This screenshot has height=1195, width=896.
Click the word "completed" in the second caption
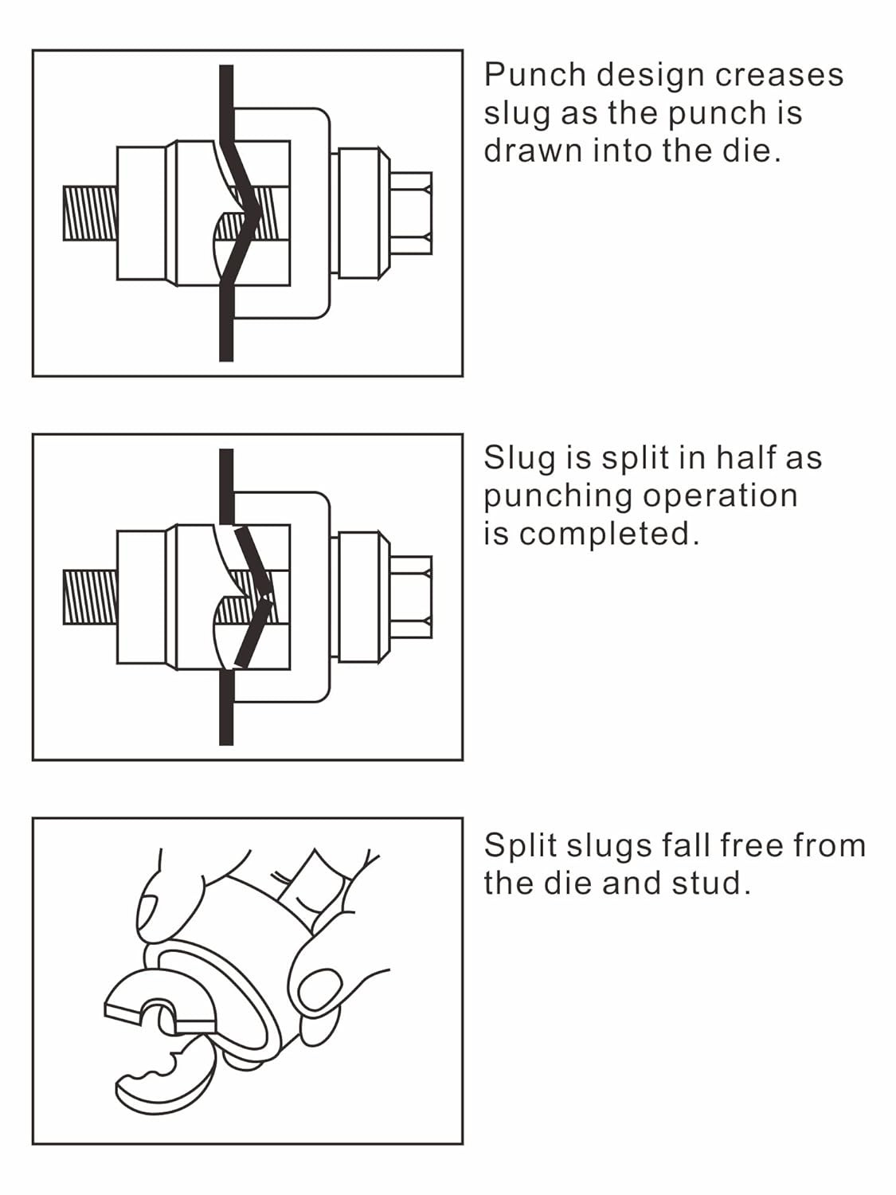click(x=608, y=533)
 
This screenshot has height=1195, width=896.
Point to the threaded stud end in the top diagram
click(x=89, y=213)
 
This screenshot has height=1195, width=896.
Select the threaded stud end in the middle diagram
click(x=89, y=597)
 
